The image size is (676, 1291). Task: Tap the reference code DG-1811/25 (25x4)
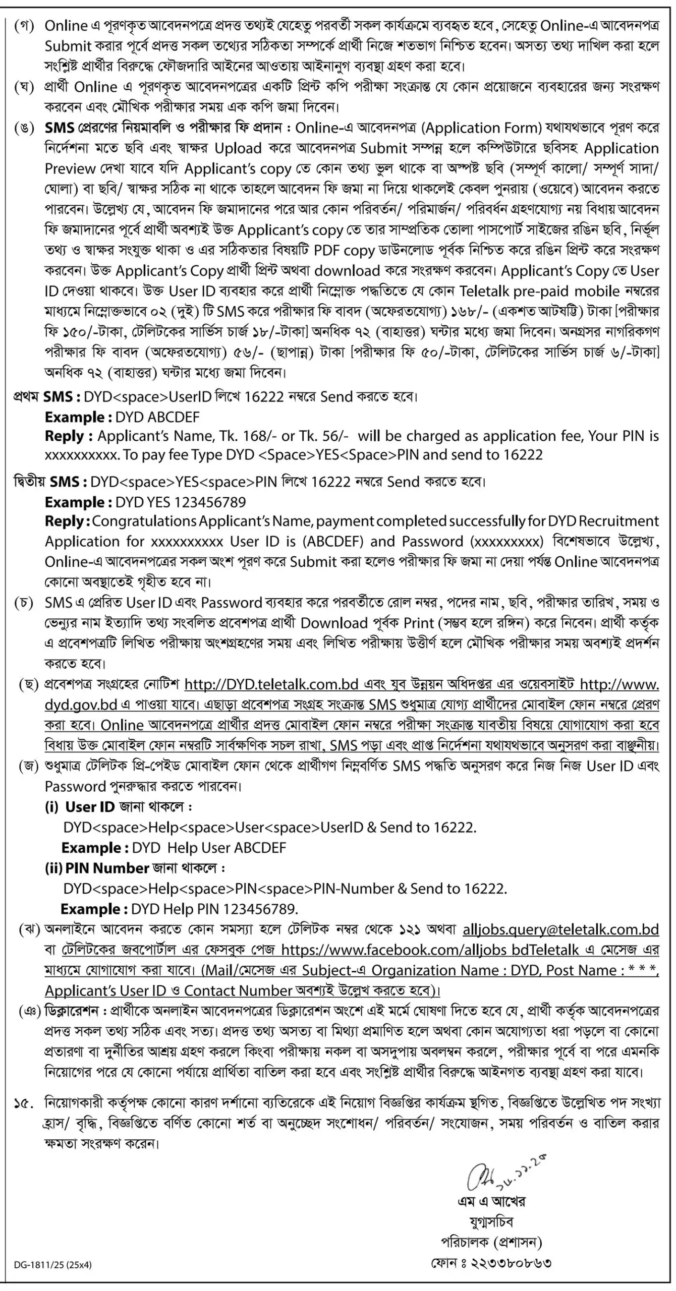[x=53, y=1264]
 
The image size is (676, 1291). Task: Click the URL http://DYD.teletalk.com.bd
[x=271, y=684]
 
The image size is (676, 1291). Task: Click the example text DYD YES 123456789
[x=181, y=502]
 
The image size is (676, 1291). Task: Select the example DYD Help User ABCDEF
[x=209, y=847]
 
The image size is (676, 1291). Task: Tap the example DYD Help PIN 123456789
[x=214, y=909]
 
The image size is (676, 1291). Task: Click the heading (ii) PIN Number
[x=97, y=868]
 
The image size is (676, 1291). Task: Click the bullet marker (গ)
[x=24, y=25]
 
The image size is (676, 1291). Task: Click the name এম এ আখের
[x=491, y=1201]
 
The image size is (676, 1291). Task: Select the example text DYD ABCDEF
[x=157, y=417]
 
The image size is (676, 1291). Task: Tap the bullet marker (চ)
[x=24, y=603]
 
